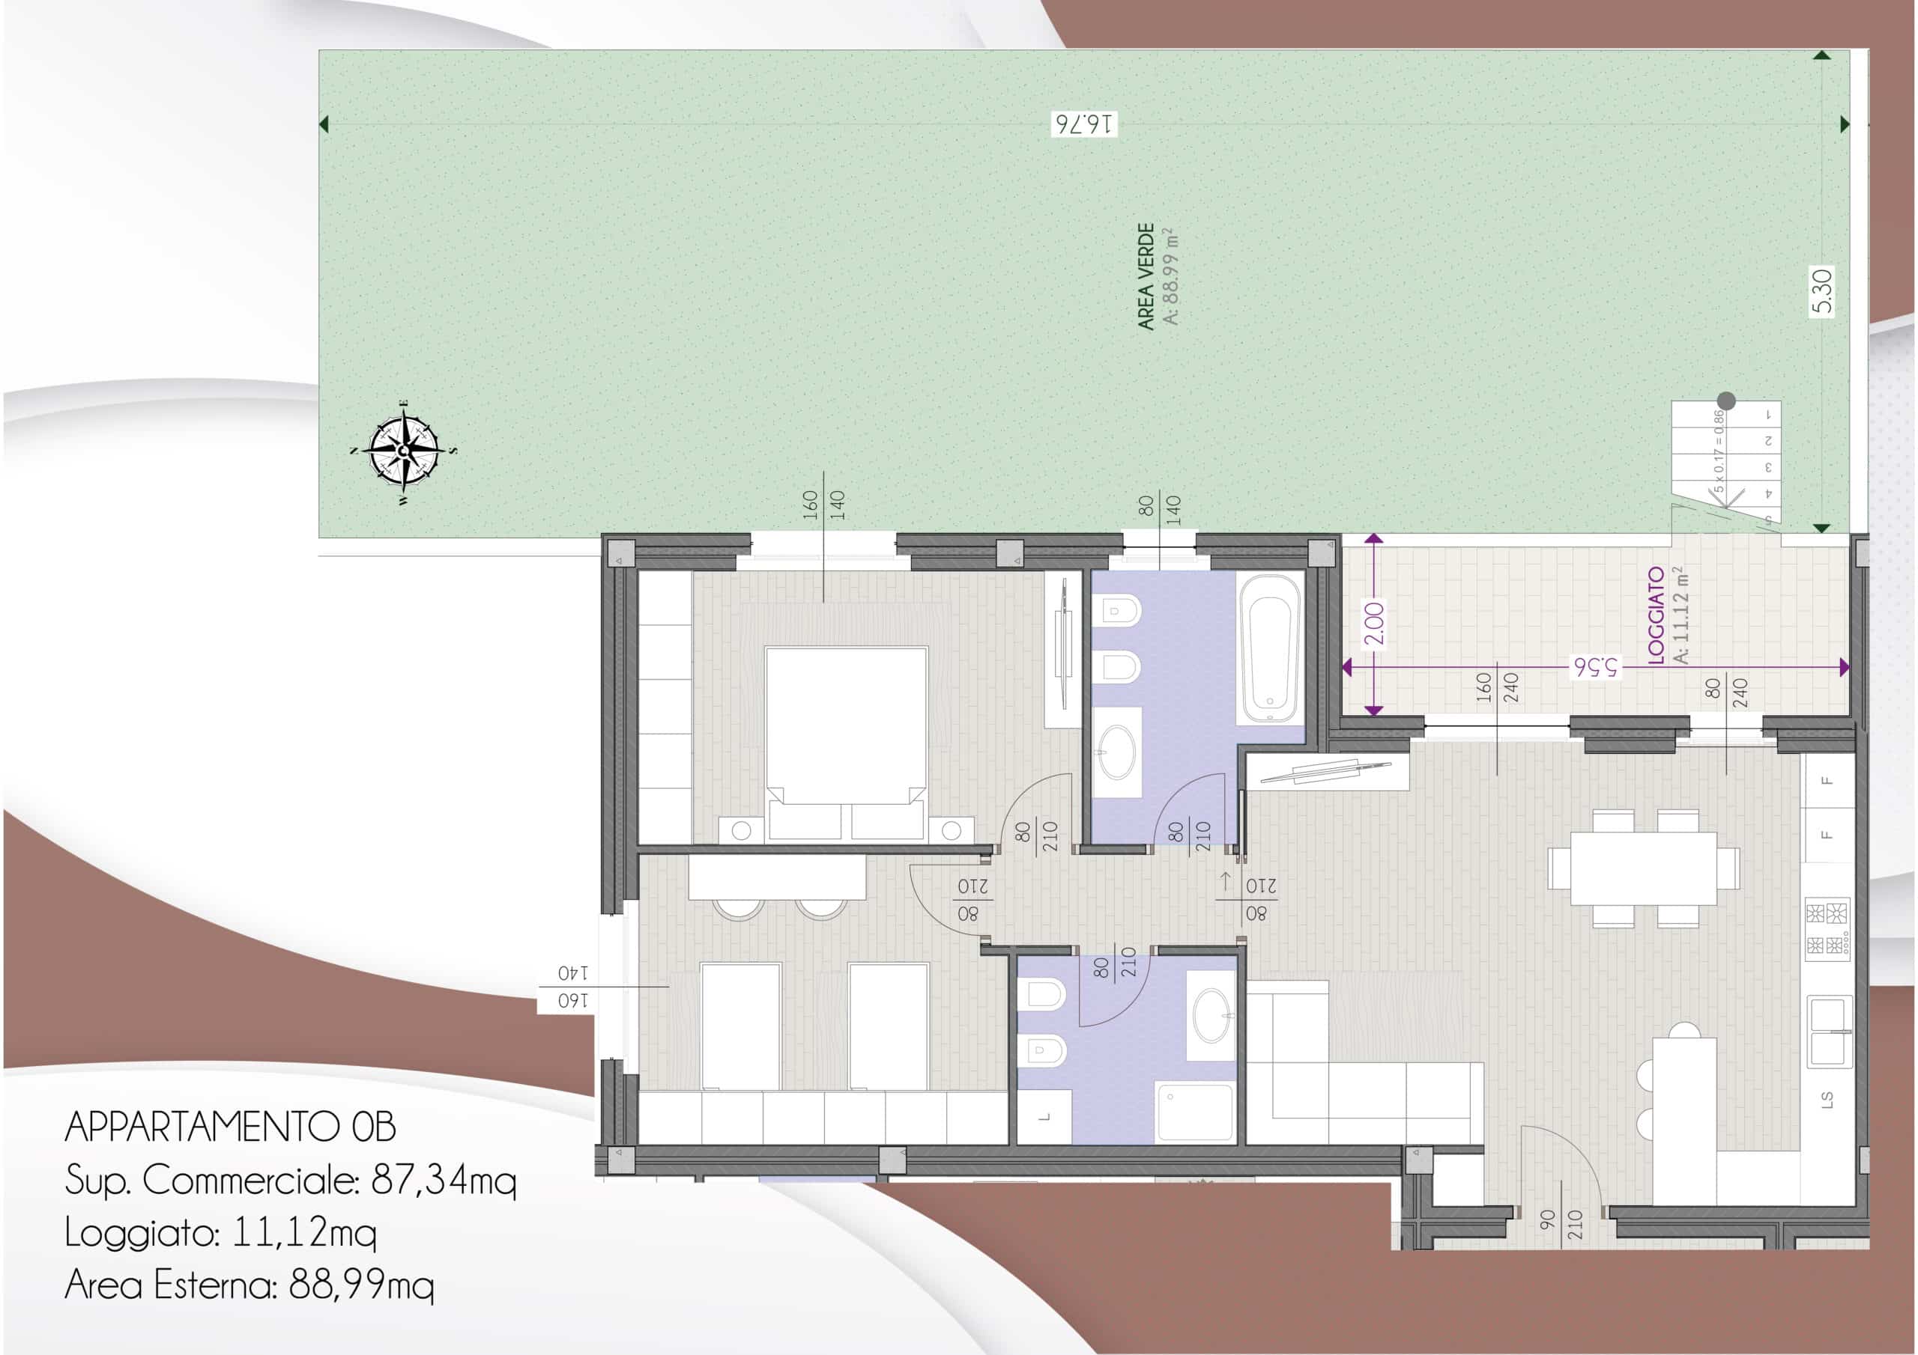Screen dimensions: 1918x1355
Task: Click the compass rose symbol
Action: point(405,451)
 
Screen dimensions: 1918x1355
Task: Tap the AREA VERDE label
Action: point(1146,276)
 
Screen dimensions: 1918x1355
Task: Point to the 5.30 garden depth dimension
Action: point(1823,291)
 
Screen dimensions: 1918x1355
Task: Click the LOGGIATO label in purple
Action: point(1657,616)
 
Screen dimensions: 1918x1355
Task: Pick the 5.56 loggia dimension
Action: point(1596,667)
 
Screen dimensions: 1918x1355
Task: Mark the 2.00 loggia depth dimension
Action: point(1374,624)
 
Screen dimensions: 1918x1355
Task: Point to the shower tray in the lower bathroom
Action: point(1194,1112)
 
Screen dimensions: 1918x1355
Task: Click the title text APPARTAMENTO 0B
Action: point(231,1127)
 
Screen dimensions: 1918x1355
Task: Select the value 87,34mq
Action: point(444,1181)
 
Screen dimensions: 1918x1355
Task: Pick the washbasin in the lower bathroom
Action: point(1211,1015)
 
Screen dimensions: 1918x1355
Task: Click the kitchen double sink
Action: point(1830,1032)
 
